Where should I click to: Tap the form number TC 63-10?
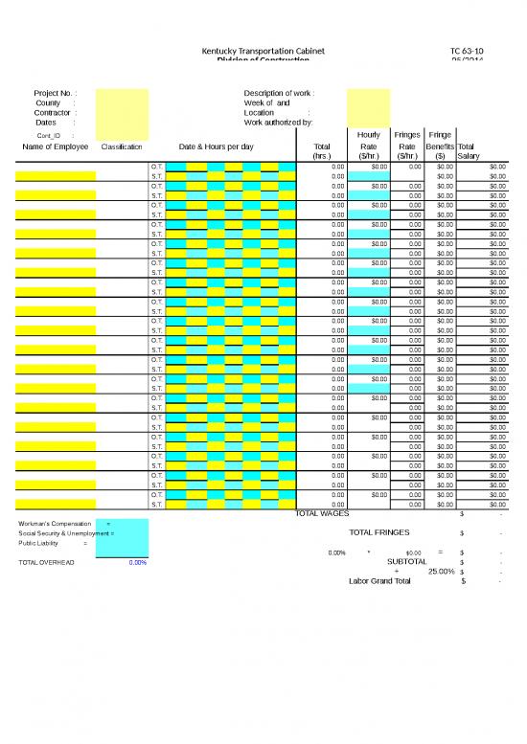pyautogui.click(x=468, y=50)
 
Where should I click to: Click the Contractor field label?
pyautogui.click(x=52, y=113)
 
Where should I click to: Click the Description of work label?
pyautogui.click(x=278, y=93)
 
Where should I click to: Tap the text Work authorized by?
pyautogui.click(x=278, y=123)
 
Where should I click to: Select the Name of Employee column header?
pyautogui.click(x=56, y=147)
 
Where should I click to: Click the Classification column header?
pyautogui.click(x=122, y=147)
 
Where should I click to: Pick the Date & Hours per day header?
pyautogui.click(x=217, y=147)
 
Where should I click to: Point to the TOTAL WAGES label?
pyautogui.click(x=322, y=514)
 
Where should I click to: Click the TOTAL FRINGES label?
pyautogui.click(x=379, y=532)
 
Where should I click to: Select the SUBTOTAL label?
pyautogui.click(x=406, y=562)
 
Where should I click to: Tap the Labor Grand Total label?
pyautogui.click(x=379, y=581)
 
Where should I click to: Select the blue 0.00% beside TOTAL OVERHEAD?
pyautogui.click(x=137, y=562)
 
